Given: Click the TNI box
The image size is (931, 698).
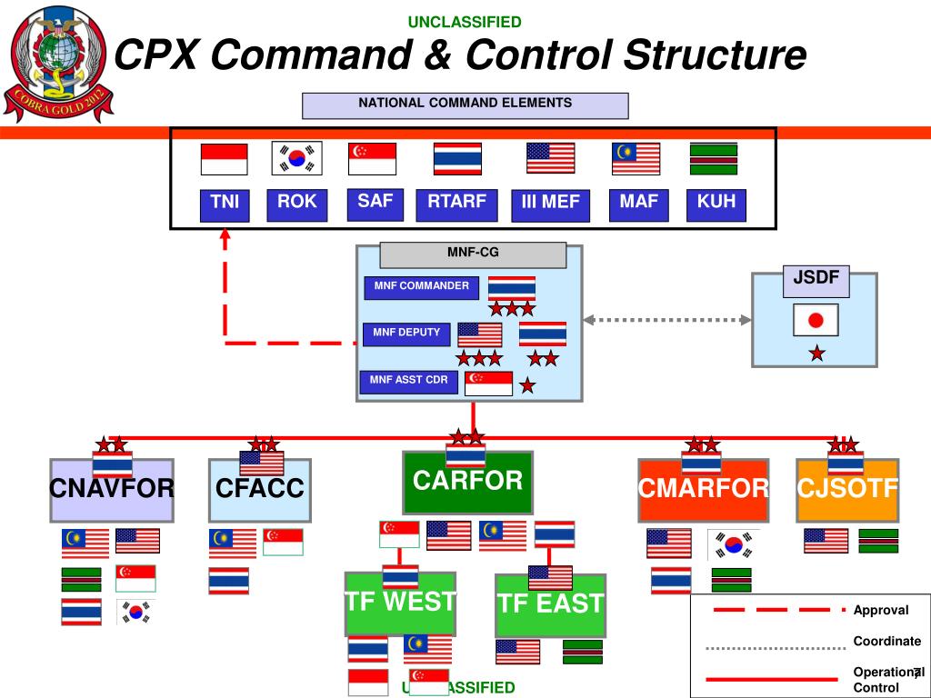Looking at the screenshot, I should [225, 204].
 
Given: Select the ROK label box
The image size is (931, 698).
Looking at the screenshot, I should [296, 204].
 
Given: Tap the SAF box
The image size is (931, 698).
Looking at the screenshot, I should [375, 203].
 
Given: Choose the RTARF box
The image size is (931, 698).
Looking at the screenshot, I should [456, 204].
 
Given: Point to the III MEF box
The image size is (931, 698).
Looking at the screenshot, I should [550, 204].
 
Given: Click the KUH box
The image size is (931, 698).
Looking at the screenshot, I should [716, 204].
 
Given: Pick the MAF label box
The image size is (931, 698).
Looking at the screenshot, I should [638, 204].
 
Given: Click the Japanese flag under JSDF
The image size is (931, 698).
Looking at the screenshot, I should [816, 320].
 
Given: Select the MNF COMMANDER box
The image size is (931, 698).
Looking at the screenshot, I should [421, 287].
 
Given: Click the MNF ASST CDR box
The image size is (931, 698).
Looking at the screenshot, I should [409, 381].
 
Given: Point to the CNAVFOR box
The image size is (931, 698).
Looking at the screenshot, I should [112, 490].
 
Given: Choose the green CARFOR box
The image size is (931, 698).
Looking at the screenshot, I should [467, 482].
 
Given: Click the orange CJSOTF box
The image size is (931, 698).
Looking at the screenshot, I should [847, 490].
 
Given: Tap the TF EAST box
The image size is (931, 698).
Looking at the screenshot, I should [550, 604].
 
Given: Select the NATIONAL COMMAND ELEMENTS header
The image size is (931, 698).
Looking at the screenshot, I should [465, 105].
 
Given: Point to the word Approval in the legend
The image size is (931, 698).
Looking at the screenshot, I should [880, 610].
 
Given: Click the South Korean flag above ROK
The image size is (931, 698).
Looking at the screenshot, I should [296, 159].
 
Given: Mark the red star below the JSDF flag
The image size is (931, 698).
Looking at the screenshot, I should [816, 354].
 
